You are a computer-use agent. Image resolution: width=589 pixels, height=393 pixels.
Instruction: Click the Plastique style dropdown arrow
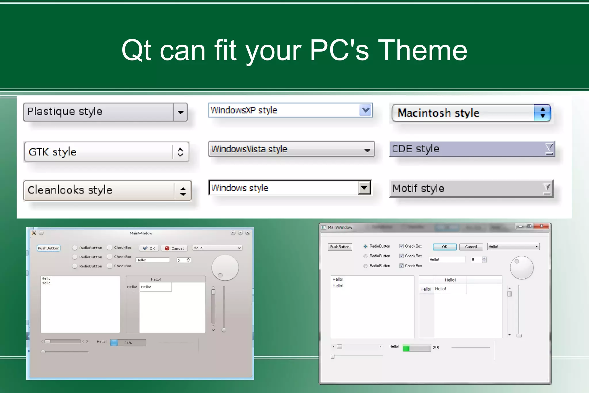click(x=180, y=112)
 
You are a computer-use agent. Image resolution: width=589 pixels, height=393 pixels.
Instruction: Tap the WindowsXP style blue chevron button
click(x=366, y=110)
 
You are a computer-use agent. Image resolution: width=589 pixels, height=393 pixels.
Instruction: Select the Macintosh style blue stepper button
click(x=542, y=113)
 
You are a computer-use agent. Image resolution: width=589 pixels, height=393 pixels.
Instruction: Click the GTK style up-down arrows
click(x=180, y=152)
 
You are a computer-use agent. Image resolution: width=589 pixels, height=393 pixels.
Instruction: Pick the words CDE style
click(x=416, y=149)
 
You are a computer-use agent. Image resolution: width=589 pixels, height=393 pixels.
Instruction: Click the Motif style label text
click(x=418, y=189)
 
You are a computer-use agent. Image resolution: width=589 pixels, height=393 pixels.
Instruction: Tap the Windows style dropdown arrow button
click(x=364, y=188)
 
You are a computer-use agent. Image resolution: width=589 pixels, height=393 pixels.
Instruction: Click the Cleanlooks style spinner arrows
click(x=183, y=191)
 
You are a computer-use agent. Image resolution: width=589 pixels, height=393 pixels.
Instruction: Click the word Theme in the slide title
click(x=422, y=50)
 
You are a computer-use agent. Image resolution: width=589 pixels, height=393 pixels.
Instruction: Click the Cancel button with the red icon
click(x=174, y=248)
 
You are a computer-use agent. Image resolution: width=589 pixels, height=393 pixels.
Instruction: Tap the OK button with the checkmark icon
click(x=149, y=248)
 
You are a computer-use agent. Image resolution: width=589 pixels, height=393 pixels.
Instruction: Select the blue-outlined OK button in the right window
click(x=444, y=247)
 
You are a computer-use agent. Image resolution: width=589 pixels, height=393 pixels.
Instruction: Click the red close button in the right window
click(x=542, y=226)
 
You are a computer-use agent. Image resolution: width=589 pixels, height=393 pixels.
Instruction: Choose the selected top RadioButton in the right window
click(x=365, y=246)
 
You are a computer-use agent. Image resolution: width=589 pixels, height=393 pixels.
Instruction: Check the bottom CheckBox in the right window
click(x=401, y=266)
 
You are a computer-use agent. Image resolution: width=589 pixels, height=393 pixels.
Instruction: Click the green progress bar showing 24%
click(x=416, y=348)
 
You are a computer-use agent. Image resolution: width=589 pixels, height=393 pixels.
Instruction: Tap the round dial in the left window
click(x=225, y=267)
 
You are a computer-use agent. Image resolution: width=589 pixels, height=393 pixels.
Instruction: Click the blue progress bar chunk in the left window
click(x=114, y=343)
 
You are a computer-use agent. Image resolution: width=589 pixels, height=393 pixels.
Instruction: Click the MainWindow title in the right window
click(x=340, y=227)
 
